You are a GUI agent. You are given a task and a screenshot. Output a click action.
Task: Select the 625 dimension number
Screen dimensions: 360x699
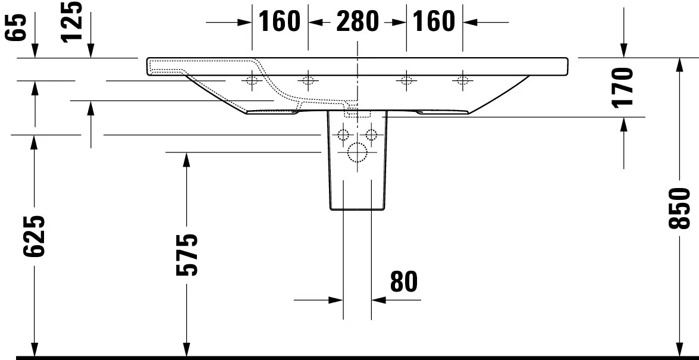pos(35,236)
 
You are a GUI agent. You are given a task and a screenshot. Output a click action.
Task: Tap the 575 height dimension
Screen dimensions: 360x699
pos(186,255)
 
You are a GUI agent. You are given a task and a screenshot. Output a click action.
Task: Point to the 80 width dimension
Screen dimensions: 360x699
pos(404,281)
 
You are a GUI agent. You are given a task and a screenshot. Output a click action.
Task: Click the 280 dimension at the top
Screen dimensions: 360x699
pos(357,22)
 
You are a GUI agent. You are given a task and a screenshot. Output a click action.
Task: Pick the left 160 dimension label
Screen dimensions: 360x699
pos(280,22)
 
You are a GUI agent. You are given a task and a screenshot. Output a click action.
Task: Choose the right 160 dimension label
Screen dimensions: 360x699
pos(434,22)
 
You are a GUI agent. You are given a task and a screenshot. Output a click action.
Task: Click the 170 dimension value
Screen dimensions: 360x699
pos(623,87)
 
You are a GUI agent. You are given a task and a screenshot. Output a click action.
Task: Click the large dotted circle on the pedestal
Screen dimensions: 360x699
pos(357,153)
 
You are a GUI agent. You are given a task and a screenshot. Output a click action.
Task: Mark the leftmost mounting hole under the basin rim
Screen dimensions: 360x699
pos(252,80)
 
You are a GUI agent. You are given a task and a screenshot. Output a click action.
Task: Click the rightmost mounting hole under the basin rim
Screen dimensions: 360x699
pos(462,80)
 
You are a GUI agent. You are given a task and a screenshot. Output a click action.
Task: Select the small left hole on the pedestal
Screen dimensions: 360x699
pos(343,134)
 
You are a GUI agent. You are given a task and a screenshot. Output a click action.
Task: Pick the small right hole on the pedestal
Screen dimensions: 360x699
pos(371,134)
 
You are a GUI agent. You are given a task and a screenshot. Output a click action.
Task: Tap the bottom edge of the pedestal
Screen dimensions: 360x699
pos(357,209)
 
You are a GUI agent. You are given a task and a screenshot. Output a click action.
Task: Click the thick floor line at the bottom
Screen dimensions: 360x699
pos(357,358)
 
